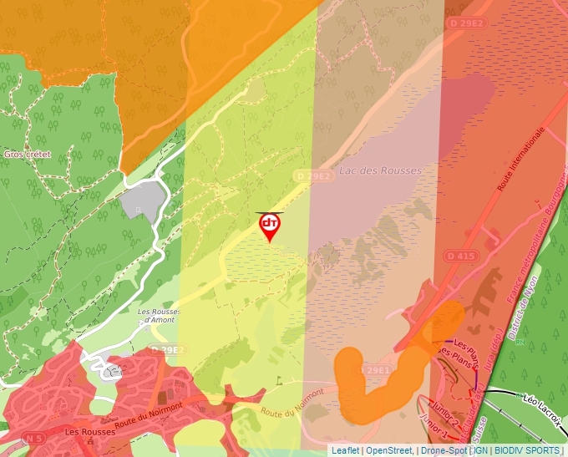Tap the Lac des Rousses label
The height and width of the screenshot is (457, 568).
coord(380,170)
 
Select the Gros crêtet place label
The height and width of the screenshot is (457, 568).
coord(28,155)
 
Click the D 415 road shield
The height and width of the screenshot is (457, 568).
coord(460,255)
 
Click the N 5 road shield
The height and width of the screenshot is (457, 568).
coord(34,438)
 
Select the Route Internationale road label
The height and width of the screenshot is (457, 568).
coord(521,160)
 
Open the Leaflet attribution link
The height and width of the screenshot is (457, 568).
coord(346,450)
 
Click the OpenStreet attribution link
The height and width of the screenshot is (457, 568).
coord(389,450)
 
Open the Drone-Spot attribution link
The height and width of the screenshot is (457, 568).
coord(443,450)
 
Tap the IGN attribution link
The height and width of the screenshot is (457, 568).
coord(483,450)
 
